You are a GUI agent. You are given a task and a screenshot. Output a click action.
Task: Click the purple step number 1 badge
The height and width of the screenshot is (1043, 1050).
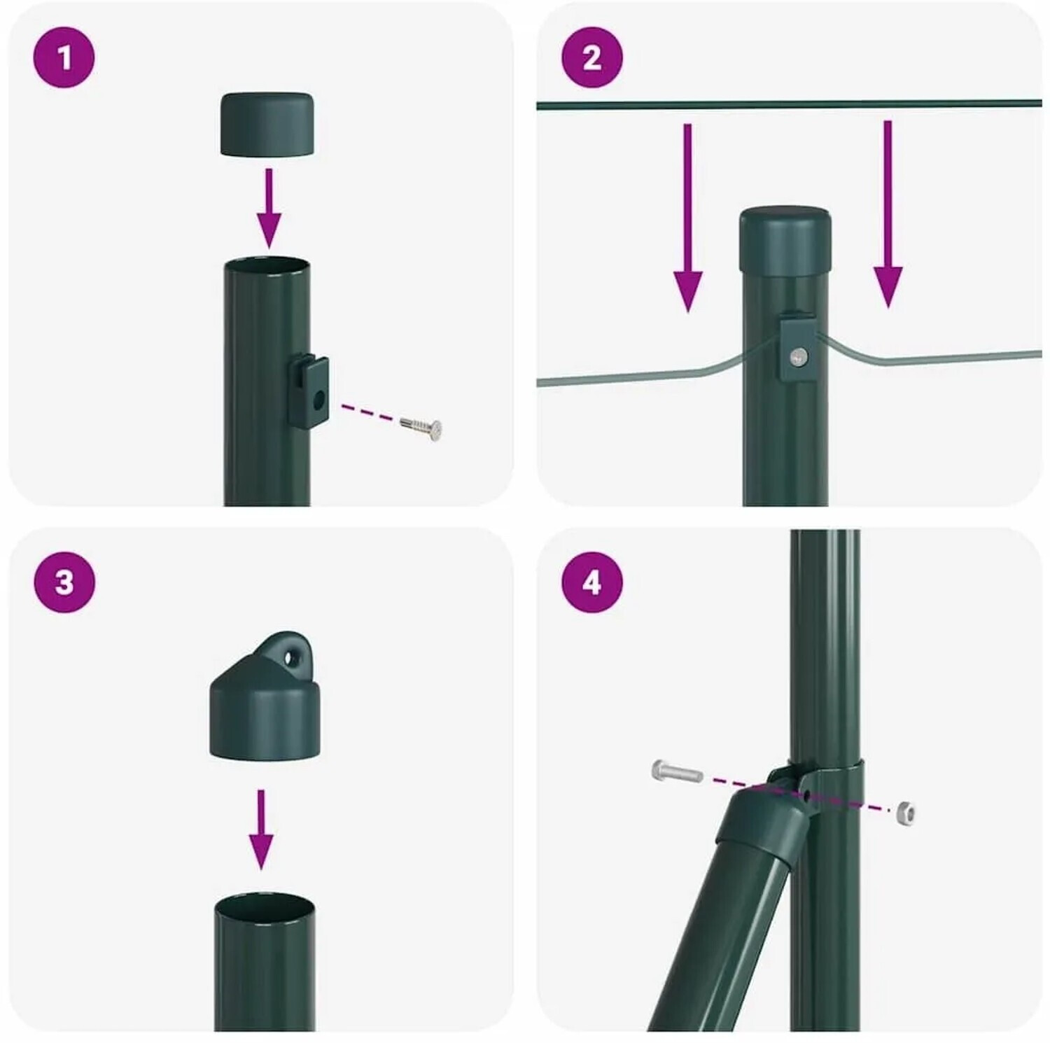pos(64,57)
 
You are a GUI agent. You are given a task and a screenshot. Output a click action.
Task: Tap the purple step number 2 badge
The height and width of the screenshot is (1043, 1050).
pos(591,57)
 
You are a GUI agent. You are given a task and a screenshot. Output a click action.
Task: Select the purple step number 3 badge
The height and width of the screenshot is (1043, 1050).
pos(64,582)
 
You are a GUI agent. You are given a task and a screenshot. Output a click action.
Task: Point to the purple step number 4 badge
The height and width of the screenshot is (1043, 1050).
pos(591,582)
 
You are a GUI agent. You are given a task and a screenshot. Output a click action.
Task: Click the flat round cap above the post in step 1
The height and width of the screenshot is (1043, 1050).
pos(267,123)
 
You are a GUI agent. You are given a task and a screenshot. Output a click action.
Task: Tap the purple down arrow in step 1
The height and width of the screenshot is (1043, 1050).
pos(269,208)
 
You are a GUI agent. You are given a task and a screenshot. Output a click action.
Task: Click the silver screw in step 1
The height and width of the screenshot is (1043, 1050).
pos(421,427)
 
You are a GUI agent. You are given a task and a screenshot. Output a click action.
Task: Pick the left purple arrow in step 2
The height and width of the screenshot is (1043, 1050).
pos(687,218)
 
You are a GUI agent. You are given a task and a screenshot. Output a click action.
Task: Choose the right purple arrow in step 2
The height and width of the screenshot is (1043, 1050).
pos(888,214)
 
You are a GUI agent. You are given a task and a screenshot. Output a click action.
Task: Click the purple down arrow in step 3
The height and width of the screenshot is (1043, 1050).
pos(261,829)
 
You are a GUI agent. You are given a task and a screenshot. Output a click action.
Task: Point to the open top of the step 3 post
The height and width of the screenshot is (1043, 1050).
pos(265,908)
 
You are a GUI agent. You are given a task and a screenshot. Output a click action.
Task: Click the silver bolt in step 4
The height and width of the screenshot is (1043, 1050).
pos(677,772)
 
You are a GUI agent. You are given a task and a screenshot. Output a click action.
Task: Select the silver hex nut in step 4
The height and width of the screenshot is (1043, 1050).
pos(905,812)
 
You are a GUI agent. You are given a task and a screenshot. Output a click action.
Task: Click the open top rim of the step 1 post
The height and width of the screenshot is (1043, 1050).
pos(267,265)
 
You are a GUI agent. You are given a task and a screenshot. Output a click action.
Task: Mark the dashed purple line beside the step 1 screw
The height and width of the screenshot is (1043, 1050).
pos(368,412)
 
